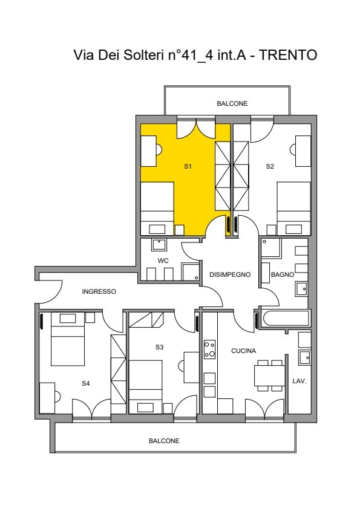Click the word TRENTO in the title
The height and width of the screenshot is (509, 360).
(288, 55)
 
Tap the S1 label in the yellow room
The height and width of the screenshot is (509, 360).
(188, 166)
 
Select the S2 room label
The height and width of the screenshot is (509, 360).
(270, 166)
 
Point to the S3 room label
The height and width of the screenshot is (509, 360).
(159, 347)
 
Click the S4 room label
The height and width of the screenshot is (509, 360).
(85, 383)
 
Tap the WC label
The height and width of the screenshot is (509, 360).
(163, 261)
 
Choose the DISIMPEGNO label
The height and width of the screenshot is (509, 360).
(230, 274)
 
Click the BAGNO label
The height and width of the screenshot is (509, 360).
(283, 274)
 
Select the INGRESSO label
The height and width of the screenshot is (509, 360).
(99, 291)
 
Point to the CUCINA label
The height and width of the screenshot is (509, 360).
(244, 351)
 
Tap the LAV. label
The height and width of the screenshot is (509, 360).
(299, 381)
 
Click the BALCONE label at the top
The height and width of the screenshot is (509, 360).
(232, 103)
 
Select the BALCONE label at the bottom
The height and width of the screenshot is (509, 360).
(164, 441)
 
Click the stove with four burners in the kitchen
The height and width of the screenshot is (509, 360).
(209, 349)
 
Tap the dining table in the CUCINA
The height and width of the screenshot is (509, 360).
(269, 375)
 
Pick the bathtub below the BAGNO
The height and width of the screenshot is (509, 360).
(286, 319)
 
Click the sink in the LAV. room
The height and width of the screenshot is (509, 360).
(304, 357)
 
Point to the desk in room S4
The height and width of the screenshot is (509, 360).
(47, 398)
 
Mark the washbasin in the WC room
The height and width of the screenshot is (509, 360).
(159, 245)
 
